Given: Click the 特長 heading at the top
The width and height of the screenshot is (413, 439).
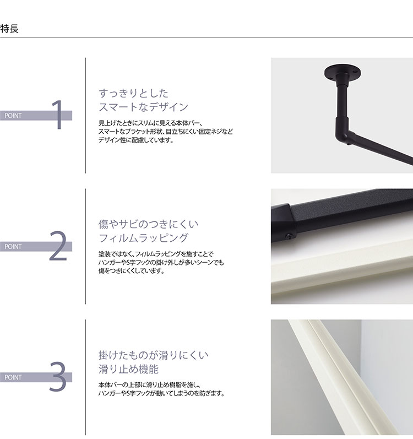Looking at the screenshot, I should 10,29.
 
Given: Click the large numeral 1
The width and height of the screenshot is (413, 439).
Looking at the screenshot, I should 57,115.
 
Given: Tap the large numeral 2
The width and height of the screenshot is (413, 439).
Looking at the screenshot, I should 57,246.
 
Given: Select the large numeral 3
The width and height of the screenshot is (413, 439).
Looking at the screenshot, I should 57,377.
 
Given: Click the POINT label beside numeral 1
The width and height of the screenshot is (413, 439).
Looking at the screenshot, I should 13,116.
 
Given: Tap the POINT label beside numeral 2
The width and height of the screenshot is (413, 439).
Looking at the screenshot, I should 13,247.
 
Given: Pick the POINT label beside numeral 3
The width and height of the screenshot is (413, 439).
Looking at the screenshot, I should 13,378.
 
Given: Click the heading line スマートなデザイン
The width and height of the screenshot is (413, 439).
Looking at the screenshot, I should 143,107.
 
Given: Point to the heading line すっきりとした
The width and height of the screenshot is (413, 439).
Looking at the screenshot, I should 133,93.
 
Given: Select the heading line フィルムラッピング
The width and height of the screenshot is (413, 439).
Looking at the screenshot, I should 143,238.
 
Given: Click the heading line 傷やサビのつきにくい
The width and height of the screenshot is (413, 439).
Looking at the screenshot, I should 148,224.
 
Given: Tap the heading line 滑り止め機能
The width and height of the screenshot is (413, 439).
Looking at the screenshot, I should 128,369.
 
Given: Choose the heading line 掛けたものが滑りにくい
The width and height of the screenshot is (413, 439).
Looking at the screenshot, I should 153,355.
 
